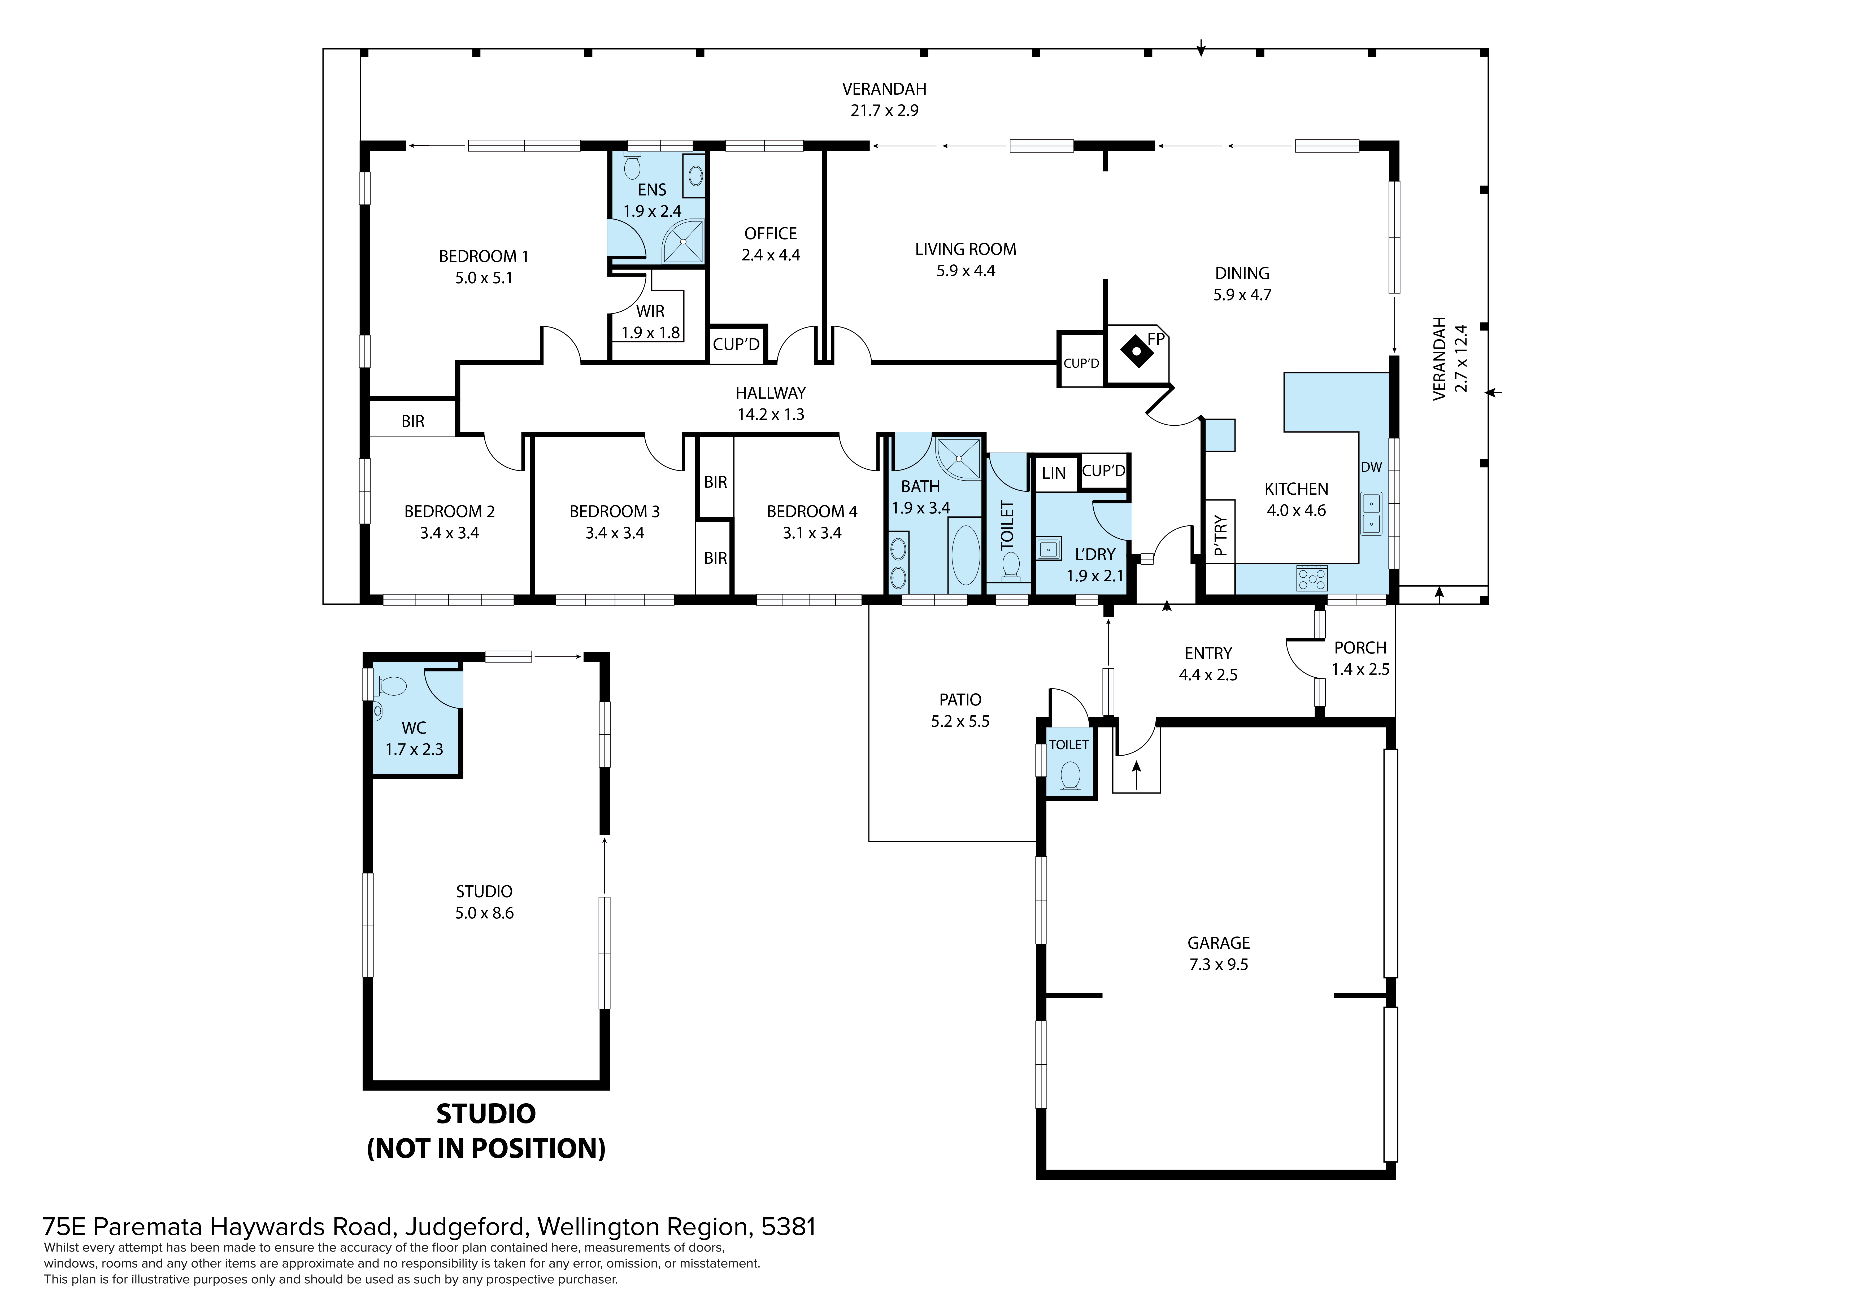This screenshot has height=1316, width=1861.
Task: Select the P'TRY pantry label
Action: coord(1221,537)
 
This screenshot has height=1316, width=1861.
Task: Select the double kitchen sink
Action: coord(1371,513)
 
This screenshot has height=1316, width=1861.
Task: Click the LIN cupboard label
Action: coord(1054,473)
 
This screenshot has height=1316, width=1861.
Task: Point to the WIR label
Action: coord(650,311)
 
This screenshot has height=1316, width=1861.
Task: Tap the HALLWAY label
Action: coord(771,393)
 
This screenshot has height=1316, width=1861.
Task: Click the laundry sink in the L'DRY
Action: coord(1049,549)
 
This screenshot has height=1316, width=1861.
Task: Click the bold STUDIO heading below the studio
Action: coord(486,1113)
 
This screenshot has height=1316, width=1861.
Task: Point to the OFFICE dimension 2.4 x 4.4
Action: coord(771,254)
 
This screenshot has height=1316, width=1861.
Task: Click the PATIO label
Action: coord(960,699)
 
